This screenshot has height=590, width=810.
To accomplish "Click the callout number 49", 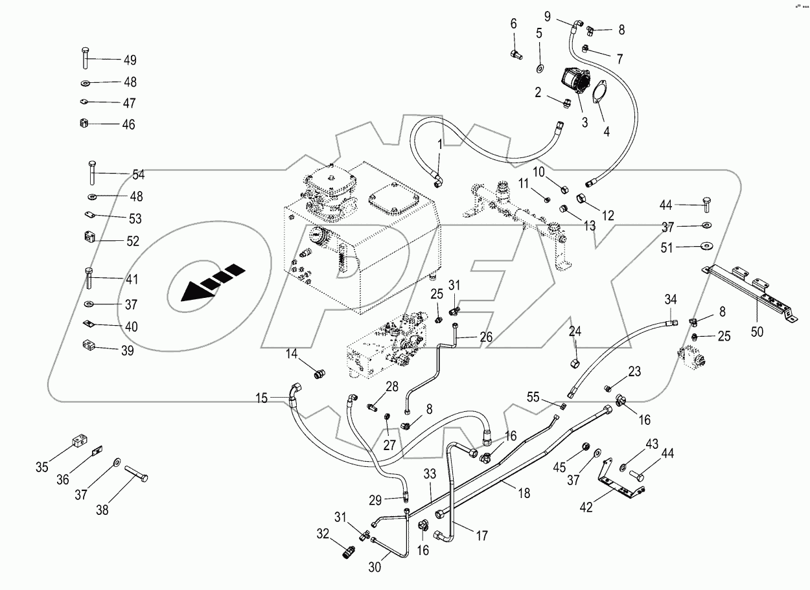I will (130, 60).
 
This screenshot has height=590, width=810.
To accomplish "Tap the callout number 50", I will (756, 332).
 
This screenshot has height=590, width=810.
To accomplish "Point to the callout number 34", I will (671, 299).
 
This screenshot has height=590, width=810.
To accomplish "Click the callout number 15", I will (261, 398).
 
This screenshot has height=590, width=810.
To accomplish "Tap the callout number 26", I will (485, 337).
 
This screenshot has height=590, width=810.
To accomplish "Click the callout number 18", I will (524, 493).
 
